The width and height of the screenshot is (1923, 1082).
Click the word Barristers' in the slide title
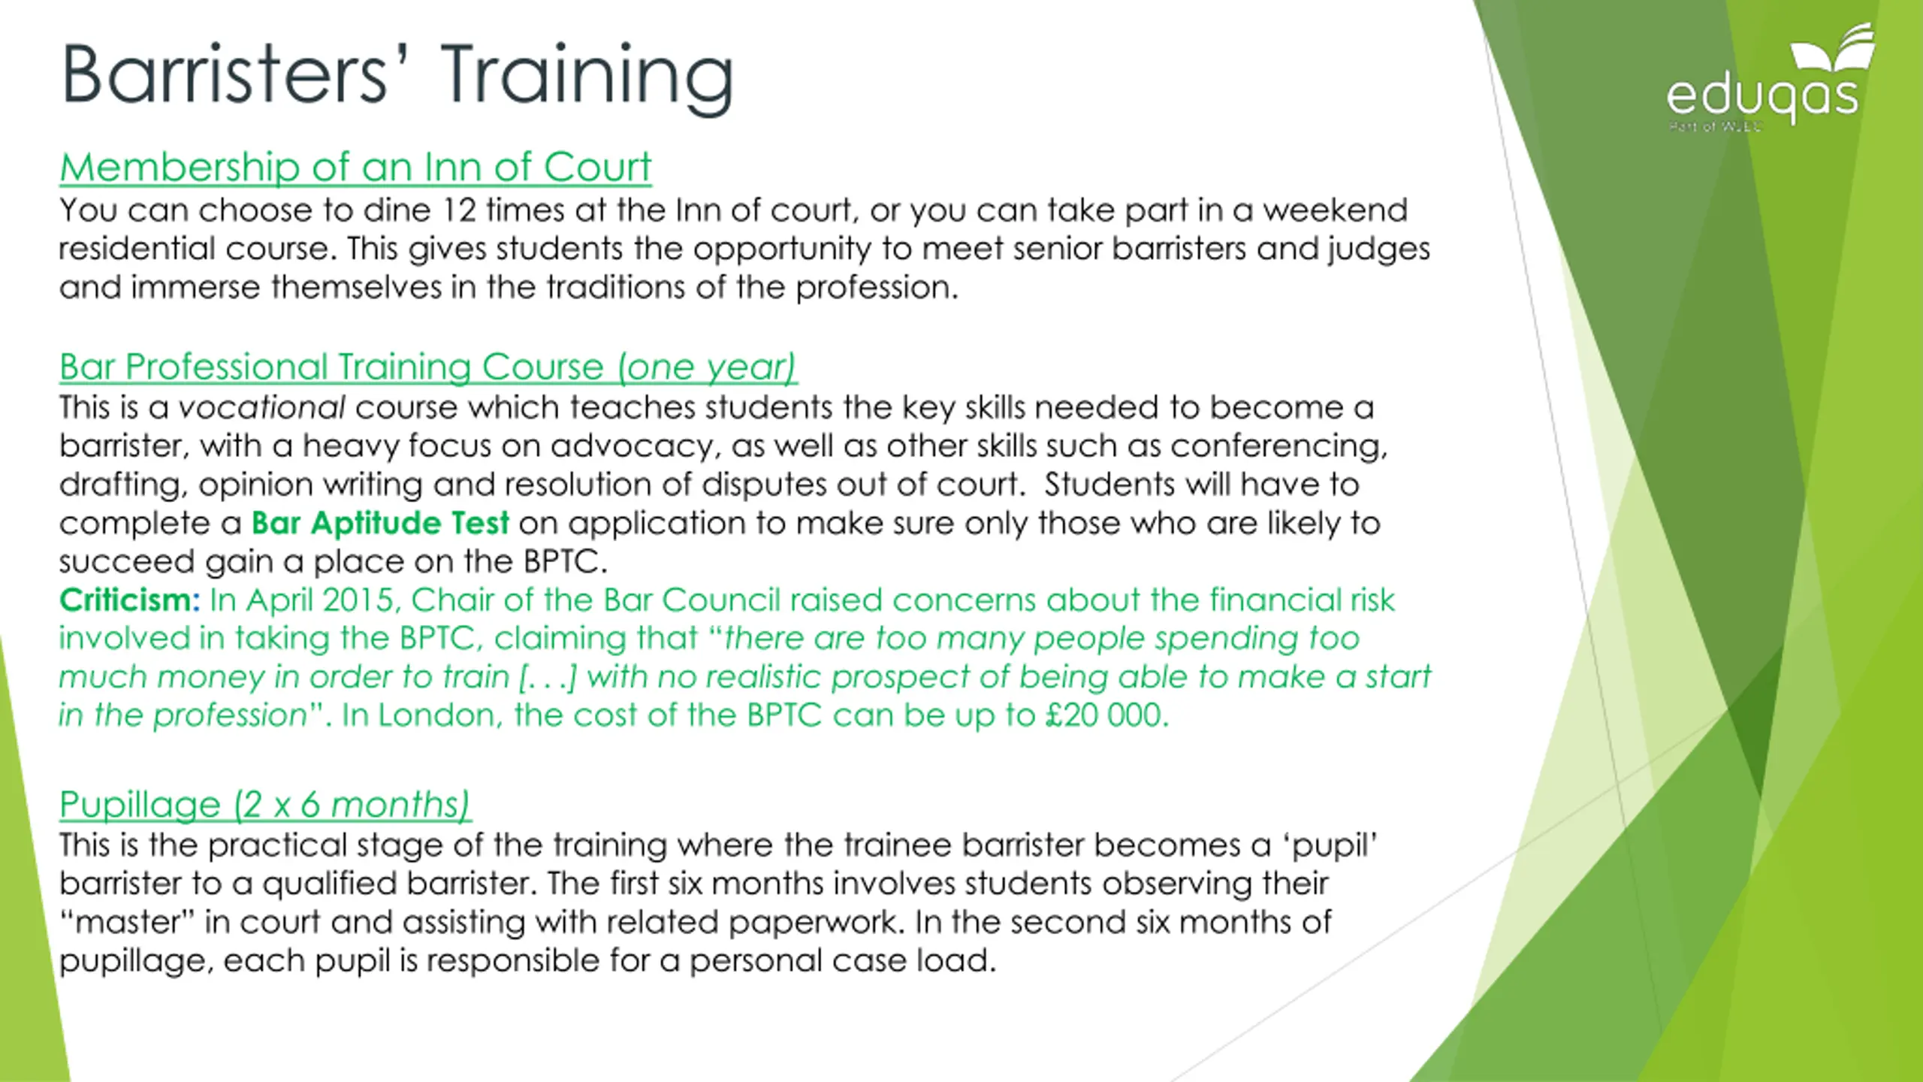226,74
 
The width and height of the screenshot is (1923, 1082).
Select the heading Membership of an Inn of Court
355,167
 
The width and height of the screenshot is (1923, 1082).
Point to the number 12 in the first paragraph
459,210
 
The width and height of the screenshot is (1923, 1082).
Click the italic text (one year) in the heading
706,367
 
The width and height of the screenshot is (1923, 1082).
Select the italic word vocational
261,407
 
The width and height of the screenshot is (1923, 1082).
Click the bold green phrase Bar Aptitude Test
380,522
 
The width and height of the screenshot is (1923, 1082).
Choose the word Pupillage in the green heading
140,805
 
